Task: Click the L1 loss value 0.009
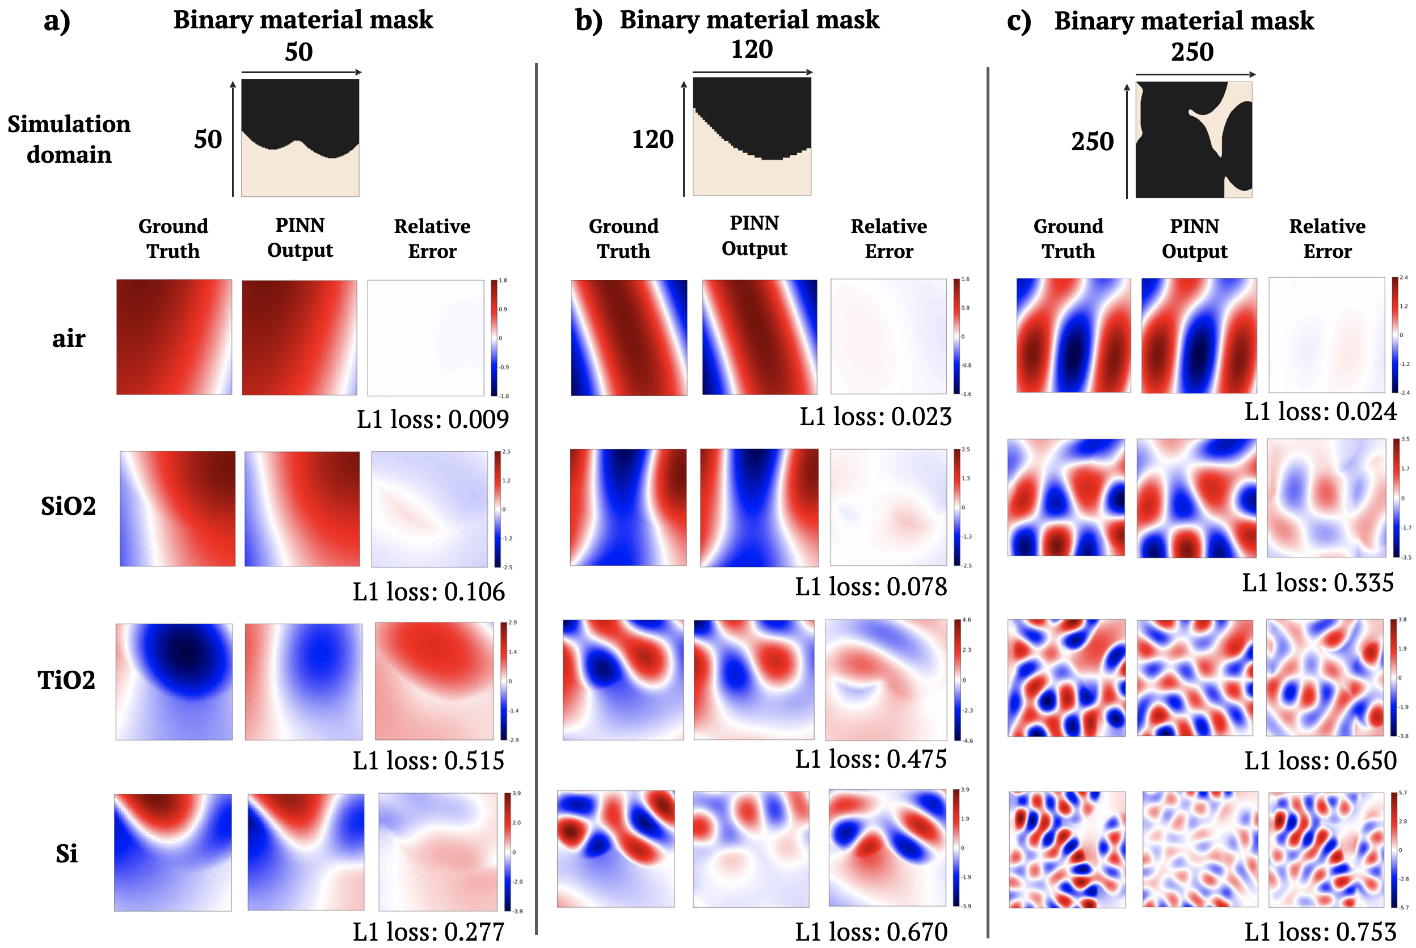click(432, 419)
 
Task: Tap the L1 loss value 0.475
click(870, 759)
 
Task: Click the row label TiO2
click(66, 680)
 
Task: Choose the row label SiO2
click(68, 506)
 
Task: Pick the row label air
click(68, 338)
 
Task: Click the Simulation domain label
click(69, 139)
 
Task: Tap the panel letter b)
click(588, 20)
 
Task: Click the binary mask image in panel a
click(300, 138)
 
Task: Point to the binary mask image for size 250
click(1194, 139)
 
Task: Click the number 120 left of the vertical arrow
click(652, 139)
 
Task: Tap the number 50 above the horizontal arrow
click(299, 52)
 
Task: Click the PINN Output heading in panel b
click(755, 236)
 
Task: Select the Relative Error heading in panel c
click(1327, 238)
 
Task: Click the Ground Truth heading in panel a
click(173, 238)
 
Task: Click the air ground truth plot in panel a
click(174, 337)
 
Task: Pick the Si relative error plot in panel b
click(887, 848)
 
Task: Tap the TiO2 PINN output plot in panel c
click(1195, 678)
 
